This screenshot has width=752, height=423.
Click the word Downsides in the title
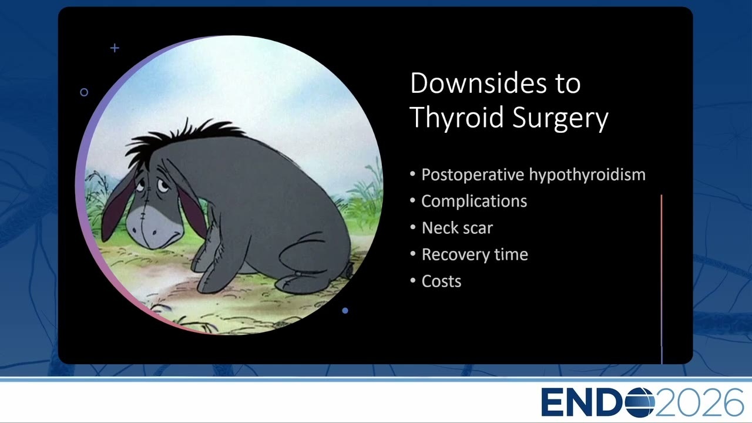click(478, 83)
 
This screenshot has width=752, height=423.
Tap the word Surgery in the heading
click(560, 117)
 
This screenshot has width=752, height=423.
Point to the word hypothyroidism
click(587, 175)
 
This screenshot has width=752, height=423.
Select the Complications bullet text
click(474, 202)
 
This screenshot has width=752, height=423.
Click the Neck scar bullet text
click(457, 227)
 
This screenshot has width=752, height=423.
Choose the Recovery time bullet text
click(475, 254)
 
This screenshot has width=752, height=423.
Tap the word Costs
click(441, 281)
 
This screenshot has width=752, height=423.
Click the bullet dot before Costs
click(413, 281)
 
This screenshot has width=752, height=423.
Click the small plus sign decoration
click(115, 48)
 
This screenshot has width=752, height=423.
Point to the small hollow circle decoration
click(84, 92)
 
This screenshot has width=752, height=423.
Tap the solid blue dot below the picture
click(345, 311)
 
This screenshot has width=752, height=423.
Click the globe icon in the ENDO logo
click(640, 402)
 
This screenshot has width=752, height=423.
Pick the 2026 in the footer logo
click(699, 402)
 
